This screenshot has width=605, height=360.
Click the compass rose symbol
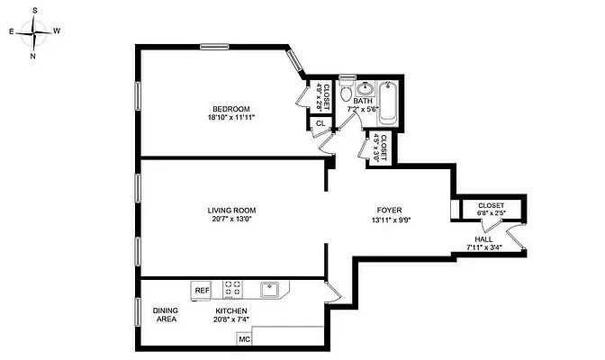(34, 32)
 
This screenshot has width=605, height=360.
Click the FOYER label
(388, 211)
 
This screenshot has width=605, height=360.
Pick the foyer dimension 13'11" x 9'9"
(388, 220)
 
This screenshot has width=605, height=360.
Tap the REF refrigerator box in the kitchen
(201, 290)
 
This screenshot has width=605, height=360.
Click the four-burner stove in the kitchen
(232, 289)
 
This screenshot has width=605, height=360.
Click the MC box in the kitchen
(244, 340)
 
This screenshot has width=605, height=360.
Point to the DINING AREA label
(165, 314)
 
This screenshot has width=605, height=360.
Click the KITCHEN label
(230, 310)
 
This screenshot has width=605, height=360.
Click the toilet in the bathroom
(347, 91)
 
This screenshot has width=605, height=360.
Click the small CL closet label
(320, 122)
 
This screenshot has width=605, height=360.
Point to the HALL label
(484, 238)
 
